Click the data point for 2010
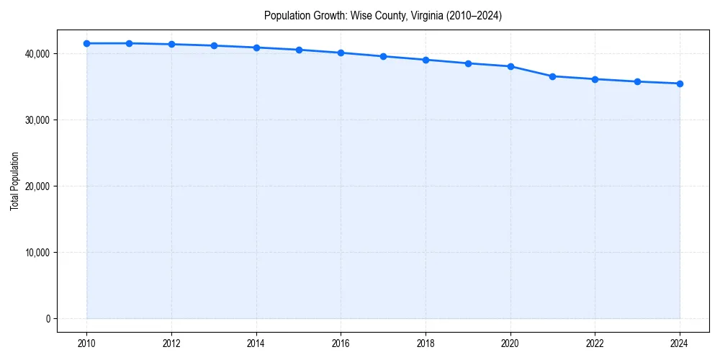point(86,43)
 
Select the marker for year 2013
point(214,45)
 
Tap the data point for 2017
point(383,56)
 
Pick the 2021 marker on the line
point(552,76)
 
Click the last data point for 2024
point(680,84)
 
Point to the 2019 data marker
point(468,63)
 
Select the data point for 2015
point(299,50)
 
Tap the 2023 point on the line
point(637,81)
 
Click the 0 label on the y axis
point(48,319)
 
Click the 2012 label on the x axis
point(171,343)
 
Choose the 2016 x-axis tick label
point(341,343)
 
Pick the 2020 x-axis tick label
point(510,343)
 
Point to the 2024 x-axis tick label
point(680,343)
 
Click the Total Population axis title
point(14,181)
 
